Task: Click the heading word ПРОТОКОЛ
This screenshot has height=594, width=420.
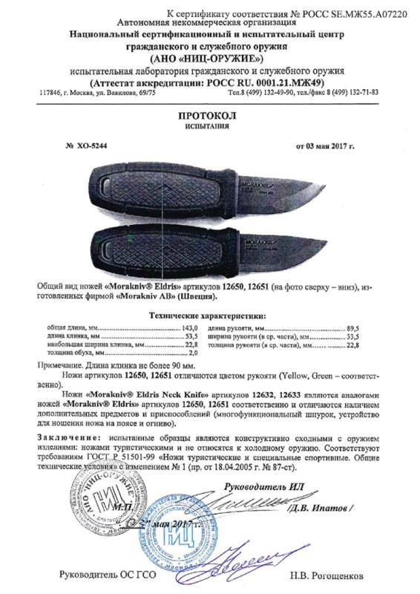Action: [x=210, y=116]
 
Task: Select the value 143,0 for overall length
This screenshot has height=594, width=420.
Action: [x=191, y=306]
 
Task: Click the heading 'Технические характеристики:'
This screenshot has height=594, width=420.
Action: [x=209, y=295]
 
